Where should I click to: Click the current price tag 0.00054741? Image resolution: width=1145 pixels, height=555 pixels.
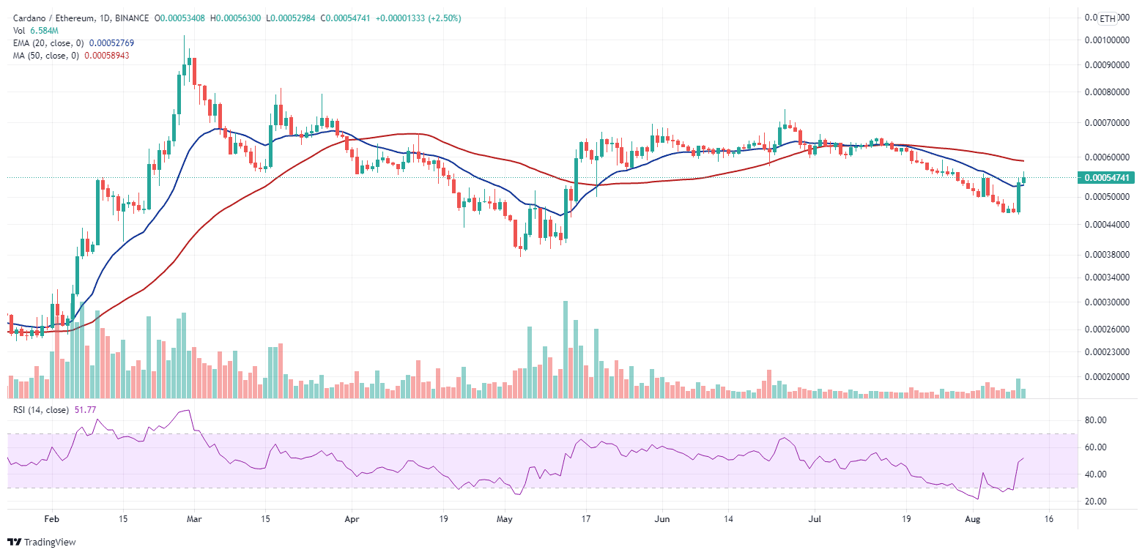pos(1106,177)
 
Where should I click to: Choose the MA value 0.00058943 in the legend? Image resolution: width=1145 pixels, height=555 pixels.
pos(105,56)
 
